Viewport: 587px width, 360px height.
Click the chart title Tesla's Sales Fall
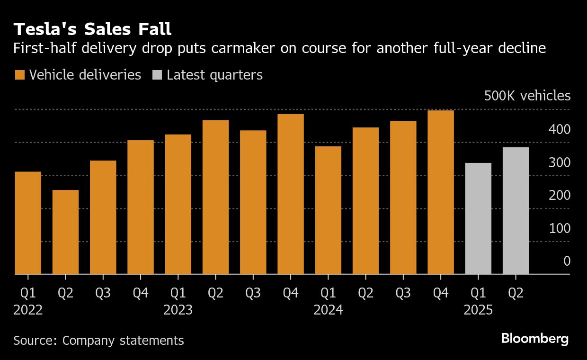click(92, 29)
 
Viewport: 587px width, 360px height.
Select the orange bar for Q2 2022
click(65, 232)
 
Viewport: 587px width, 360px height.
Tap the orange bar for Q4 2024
click(441, 192)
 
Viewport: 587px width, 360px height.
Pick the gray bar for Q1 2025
click(478, 218)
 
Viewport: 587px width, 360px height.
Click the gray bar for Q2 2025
click(516, 211)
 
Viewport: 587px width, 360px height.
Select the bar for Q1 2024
click(328, 210)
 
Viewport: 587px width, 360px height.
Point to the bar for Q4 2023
click(291, 194)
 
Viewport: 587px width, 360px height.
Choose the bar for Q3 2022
click(103, 217)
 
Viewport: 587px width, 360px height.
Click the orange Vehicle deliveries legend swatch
click(20, 75)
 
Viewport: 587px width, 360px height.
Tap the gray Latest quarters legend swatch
click(157, 75)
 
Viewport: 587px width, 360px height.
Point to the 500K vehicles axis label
click(527, 96)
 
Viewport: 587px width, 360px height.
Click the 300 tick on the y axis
click(560, 162)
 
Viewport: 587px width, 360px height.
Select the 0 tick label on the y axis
click(566, 261)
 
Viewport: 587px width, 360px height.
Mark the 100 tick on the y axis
click(560, 228)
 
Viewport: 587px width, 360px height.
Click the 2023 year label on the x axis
click(178, 310)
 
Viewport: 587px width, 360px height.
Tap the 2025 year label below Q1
click(478, 310)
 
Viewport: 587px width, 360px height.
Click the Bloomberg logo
click(535, 339)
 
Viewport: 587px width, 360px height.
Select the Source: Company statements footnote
click(98, 340)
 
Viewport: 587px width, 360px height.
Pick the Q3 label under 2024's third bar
click(403, 293)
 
